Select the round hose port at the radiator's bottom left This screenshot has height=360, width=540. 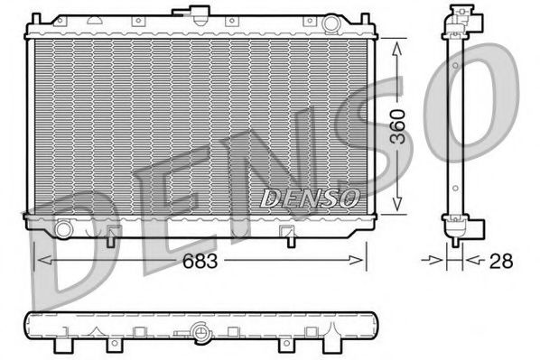coord(63,229)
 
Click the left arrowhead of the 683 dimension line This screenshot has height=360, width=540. coord(39,261)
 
